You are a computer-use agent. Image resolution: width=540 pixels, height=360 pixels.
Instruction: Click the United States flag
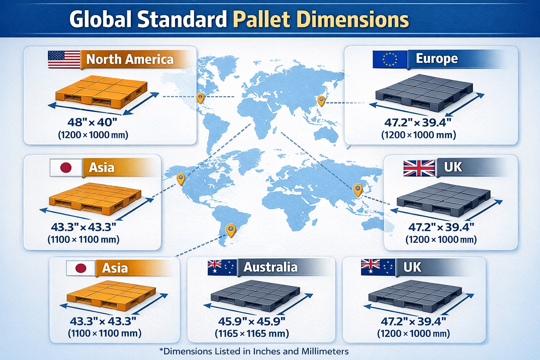64,59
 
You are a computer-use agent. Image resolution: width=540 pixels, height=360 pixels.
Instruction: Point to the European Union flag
390,59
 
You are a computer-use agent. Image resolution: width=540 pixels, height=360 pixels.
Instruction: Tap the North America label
130,59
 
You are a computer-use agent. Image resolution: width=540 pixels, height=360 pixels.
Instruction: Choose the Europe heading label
437,58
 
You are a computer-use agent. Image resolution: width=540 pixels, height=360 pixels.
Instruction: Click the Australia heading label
270,267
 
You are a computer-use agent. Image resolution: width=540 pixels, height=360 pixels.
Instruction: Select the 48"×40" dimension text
92,122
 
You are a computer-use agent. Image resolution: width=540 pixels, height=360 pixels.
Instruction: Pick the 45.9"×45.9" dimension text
251,321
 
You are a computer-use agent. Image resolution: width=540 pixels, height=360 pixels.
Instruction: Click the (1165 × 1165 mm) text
252,333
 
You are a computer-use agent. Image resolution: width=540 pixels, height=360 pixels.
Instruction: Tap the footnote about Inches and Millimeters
254,351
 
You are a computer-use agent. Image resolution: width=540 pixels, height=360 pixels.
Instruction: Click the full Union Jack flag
419,168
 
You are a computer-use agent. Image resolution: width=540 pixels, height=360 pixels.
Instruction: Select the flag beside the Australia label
221,268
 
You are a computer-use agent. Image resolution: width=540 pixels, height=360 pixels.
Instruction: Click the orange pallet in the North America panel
101,91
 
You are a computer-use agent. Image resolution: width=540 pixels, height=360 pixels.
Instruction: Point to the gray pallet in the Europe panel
424,90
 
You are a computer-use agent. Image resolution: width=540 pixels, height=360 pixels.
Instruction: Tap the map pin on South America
231,230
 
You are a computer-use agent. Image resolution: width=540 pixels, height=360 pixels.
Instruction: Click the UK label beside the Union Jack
453,167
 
